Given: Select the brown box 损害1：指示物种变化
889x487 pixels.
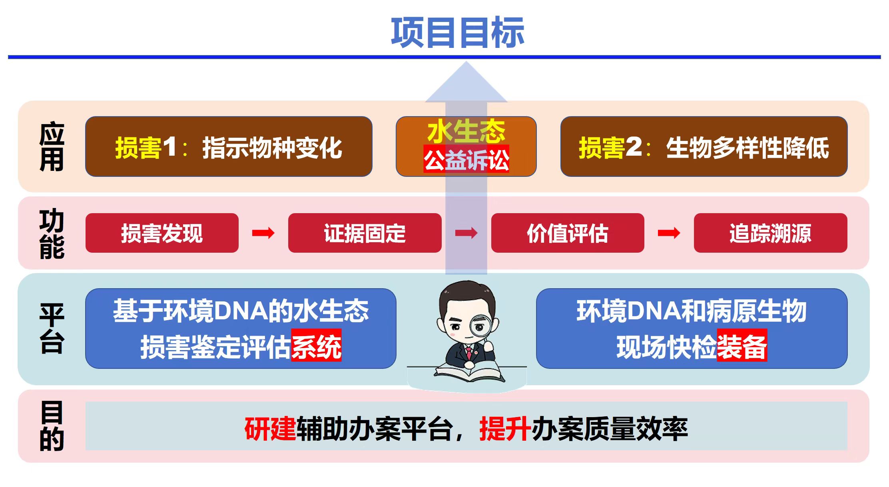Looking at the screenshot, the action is pyautogui.click(x=229, y=146).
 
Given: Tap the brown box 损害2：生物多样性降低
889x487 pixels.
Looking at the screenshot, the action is pyautogui.click(x=704, y=146).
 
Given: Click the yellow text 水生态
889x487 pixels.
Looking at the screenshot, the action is pyautogui.click(x=466, y=131).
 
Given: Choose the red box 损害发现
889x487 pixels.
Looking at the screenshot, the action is pyautogui.click(x=162, y=233).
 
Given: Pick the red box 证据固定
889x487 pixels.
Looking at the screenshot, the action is pyautogui.click(x=365, y=233).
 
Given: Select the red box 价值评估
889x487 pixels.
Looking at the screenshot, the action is pyautogui.click(x=568, y=233).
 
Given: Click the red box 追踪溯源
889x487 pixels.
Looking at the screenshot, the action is pyautogui.click(x=771, y=233).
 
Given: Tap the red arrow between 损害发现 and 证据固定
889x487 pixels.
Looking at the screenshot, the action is pyautogui.click(x=263, y=233).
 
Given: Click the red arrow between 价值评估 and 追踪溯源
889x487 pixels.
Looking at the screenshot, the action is pyautogui.click(x=669, y=233).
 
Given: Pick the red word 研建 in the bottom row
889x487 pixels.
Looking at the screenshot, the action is pyautogui.click(x=270, y=429).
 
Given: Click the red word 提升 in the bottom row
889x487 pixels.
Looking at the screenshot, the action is pyautogui.click(x=505, y=429).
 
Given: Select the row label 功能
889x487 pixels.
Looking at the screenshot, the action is pyautogui.click(x=52, y=234).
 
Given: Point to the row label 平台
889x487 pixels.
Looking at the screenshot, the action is pyautogui.click(x=52, y=329).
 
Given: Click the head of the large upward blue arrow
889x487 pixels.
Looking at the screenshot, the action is pyautogui.click(x=466, y=82).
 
